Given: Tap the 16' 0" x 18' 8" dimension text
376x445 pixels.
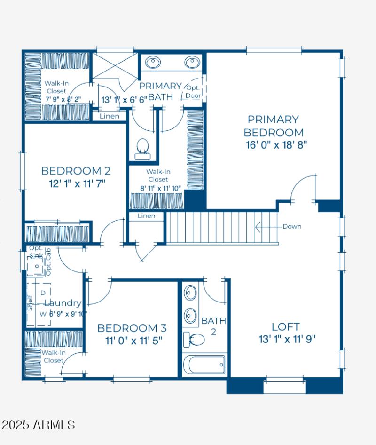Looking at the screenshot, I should [275, 145].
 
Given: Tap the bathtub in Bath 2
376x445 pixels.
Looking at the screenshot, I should [204, 365].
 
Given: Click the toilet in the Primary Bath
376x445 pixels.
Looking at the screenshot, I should [141, 148].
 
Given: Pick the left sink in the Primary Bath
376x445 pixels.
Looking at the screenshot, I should [153, 62].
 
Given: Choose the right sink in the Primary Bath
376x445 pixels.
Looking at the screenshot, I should [192, 62].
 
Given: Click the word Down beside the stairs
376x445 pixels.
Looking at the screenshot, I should [292, 227].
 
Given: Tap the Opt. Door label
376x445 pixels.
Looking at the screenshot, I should [194, 92].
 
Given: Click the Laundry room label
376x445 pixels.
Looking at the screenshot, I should [63, 303].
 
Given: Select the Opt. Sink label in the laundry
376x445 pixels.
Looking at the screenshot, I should [36, 252].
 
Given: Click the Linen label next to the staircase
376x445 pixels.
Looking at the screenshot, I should [146, 216].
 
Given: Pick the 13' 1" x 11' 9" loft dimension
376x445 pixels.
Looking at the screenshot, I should [287, 339].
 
